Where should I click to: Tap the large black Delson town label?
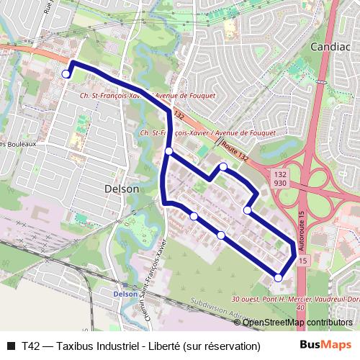click(122, 188)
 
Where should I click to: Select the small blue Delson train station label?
click(125, 294)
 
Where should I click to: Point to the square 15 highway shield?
click(302, 260)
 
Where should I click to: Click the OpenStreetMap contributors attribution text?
click(297, 323)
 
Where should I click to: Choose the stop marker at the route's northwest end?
click(66, 73)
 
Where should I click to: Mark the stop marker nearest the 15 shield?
click(279, 277)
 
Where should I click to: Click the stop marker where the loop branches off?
click(168, 151)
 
